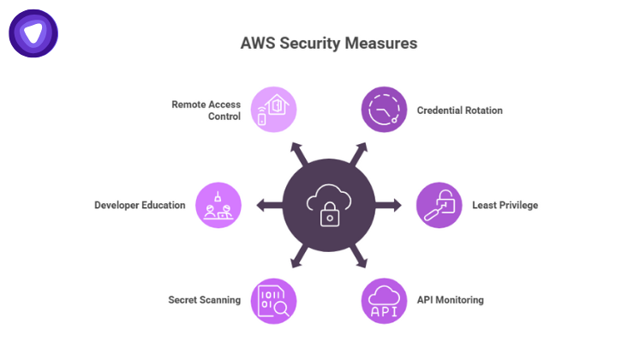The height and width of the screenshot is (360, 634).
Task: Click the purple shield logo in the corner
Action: pyautogui.click(x=33, y=33)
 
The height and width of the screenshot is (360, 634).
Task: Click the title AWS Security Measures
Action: pyautogui.click(x=317, y=43)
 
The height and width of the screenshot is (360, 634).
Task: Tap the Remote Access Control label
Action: pyautogui.click(x=206, y=111)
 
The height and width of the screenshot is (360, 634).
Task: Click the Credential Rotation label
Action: pyautogui.click(x=459, y=111)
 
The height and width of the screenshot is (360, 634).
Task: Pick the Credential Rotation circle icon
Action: pyautogui.click(x=383, y=110)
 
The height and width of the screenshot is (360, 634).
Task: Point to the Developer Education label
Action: pyautogui.click(x=140, y=206)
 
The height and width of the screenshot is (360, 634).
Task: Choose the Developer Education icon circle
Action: pyautogui.click(x=219, y=205)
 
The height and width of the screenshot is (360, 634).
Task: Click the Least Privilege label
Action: pyautogui.click(x=505, y=206)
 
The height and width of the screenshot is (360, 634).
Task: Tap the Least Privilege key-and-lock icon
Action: pyautogui.click(x=439, y=205)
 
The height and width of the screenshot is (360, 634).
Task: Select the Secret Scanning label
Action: pyautogui.click(x=204, y=300)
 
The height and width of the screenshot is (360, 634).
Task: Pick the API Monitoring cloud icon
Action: pyautogui.click(x=383, y=301)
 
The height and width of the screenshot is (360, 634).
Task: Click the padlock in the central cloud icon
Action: pyautogui.click(x=330, y=215)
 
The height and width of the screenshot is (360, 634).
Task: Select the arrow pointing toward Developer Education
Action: pyautogui.click(x=265, y=205)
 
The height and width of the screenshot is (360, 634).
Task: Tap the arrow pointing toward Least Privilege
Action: pyautogui.click(x=392, y=205)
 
